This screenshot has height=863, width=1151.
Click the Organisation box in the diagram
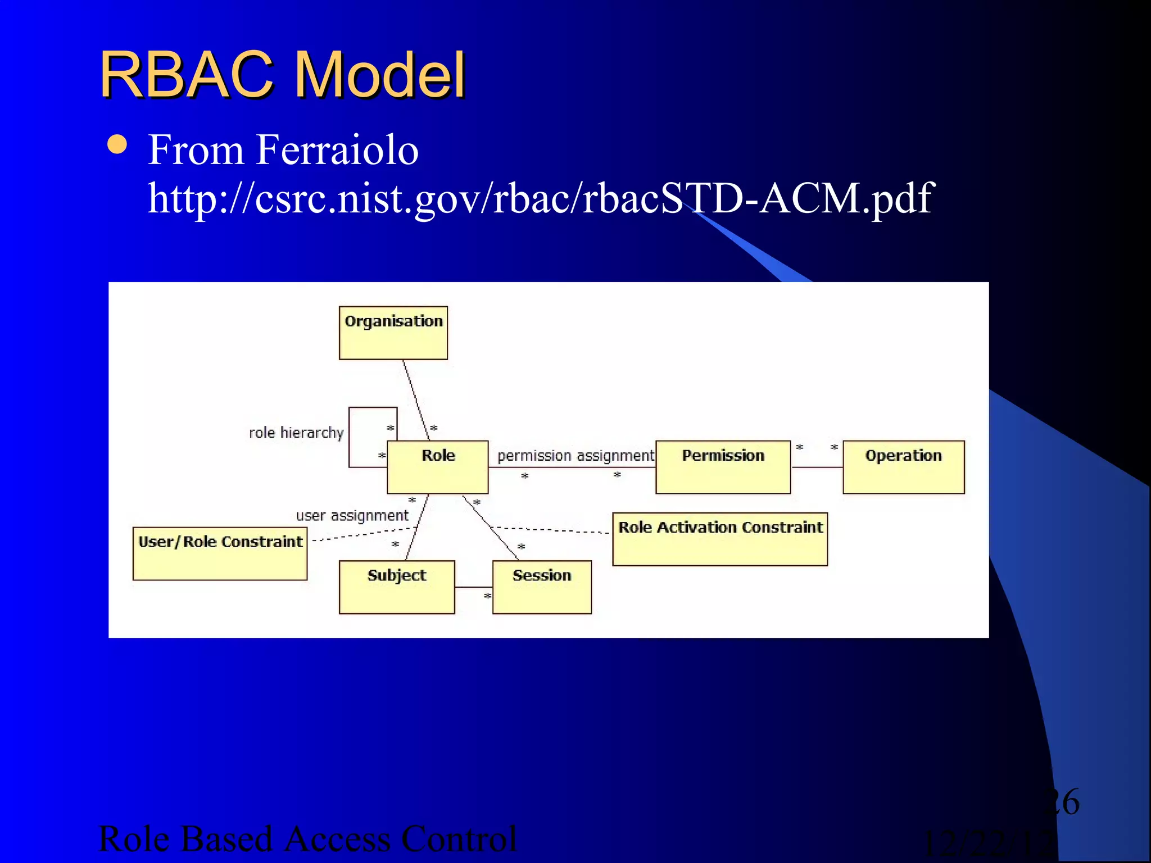click(x=393, y=333)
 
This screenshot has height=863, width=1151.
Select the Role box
click(x=437, y=467)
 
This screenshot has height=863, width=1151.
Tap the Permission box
click(x=723, y=467)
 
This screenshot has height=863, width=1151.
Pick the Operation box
click(x=903, y=467)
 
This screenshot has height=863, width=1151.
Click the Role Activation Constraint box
click(x=719, y=538)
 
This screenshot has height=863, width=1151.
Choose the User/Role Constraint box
click(x=220, y=553)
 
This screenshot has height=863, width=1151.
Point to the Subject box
click(x=397, y=587)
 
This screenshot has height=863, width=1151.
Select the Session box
click(x=542, y=587)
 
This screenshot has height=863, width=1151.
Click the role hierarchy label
click(x=296, y=433)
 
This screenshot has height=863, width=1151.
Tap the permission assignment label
click(x=575, y=456)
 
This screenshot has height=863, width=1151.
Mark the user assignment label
click(x=352, y=515)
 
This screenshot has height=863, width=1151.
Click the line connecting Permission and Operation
click(x=817, y=467)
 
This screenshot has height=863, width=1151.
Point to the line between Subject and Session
click(x=473, y=587)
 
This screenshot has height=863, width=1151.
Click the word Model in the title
click(x=380, y=75)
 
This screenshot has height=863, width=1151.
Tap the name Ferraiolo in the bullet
click(x=337, y=150)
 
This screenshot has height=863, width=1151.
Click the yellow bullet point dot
click(x=117, y=144)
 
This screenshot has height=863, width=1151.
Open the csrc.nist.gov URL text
click(x=540, y=198)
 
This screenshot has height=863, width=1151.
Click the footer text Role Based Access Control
click(x=307, y=839)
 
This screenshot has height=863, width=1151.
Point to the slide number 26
click(x=1062, y=802)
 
